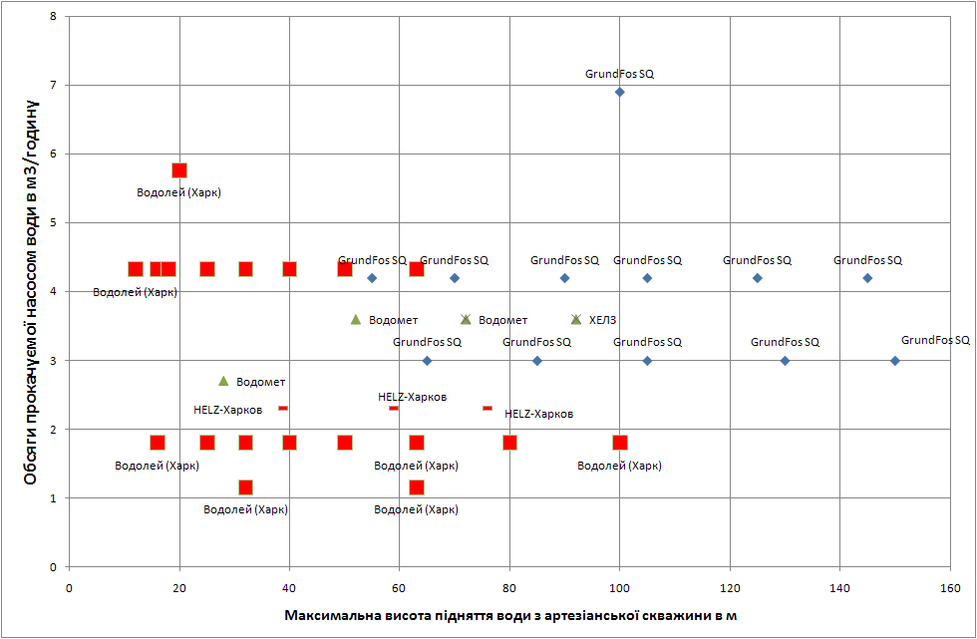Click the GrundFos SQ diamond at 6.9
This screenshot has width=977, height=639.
pos(619,92)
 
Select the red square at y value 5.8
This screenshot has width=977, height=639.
pos(179,170)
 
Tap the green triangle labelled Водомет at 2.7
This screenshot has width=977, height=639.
pos(223,381)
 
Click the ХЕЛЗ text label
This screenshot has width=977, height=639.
pos(603,320)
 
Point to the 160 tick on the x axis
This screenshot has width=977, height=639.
pos(949,588)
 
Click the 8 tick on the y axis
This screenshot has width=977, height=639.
pos(54,16)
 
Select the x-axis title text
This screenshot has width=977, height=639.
pos(510,615)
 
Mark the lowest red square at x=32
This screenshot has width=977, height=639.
pos(245,487)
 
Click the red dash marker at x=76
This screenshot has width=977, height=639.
pos(488,408)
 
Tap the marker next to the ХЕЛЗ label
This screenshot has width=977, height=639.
pos(576,319)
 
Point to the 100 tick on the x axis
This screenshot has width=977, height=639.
pos(619,588)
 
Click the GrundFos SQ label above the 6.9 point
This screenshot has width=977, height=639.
pos(619,74)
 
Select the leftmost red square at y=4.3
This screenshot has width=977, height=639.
pos(136,269)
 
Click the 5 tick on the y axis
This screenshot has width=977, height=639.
pos(54,222)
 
